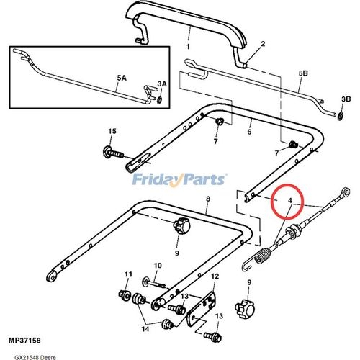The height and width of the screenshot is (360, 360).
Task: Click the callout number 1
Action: pos(188,46)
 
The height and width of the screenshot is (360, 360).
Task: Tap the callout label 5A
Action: pos(122,78)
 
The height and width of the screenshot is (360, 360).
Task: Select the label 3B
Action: pos(346,99)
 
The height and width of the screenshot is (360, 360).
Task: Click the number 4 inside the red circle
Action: pos(290,200)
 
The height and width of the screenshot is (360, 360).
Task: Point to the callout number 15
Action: pos(112,131)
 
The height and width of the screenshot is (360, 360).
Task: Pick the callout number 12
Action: pos(215,276)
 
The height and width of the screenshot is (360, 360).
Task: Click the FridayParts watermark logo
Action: pos(179,180)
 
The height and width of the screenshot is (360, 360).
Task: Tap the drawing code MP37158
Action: pos(24,341)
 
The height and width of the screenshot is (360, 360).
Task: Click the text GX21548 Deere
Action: pos(35,357)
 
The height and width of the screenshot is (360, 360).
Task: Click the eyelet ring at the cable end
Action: pos(346,192)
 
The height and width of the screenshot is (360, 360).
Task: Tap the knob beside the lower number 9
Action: pos(244,309)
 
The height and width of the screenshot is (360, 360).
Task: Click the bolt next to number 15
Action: pos(113,153)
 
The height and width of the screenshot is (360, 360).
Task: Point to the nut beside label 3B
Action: pos(340,117)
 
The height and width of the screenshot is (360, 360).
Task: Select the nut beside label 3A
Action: pos(159,99)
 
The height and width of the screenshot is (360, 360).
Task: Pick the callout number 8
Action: pos(208,199)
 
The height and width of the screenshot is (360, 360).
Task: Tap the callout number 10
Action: pos(158,266)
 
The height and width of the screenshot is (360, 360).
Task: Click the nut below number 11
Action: pos(125,294)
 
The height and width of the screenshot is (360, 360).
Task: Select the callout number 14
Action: pos(145,329)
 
